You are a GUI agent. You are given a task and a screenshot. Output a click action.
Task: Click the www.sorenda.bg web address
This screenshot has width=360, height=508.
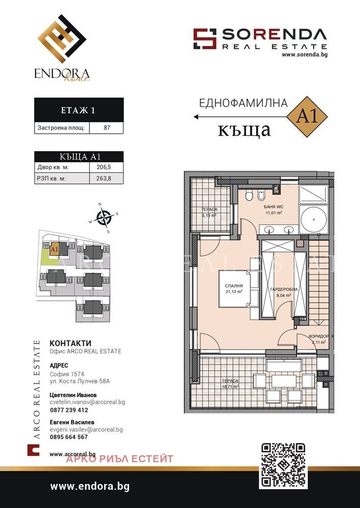click(304, 54)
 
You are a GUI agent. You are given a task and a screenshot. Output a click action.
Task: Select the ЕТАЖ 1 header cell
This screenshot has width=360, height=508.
click(78, 110)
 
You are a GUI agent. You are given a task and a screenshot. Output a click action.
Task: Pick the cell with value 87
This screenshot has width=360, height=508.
click(107, 128)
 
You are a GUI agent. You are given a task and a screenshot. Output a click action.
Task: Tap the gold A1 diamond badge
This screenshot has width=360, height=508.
click(307, 116)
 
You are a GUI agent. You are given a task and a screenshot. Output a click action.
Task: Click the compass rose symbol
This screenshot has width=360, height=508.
click(104, 218)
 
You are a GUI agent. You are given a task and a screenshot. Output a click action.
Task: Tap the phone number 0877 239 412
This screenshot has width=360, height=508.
click(69, 410)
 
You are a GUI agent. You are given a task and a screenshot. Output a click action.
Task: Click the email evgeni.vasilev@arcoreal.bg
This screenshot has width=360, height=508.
click(86, 429)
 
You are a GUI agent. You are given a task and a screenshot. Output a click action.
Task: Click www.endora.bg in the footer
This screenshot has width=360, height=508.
click(89, 486)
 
